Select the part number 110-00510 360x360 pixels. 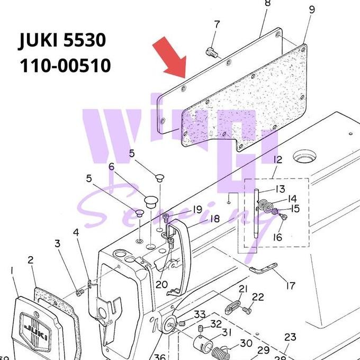(65, 66)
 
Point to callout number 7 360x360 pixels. (217, 24)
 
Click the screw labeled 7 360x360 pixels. (210, 52)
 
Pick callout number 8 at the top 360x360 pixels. (267, 3)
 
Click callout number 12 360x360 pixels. (277, 159)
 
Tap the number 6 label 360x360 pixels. (112, 167)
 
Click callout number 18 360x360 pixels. (214, 219)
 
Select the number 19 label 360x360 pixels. (197, 209)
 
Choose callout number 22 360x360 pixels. (258, 297)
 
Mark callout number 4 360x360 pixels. (76, 233)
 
